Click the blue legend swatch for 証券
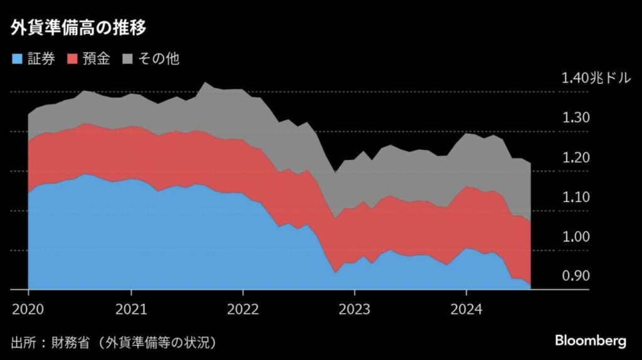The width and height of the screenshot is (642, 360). [17, 60]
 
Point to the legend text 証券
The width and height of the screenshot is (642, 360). [41, 60]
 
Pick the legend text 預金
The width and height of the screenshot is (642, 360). [96, 60]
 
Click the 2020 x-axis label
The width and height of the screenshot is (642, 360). [28, 309]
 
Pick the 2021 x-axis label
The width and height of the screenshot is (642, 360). [131, 309]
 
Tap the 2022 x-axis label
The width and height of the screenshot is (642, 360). [243, 309]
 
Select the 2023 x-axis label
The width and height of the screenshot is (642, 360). [354, 309]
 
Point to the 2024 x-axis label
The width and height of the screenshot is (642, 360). [466, 309]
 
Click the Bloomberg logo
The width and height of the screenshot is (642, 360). [590, 341]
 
